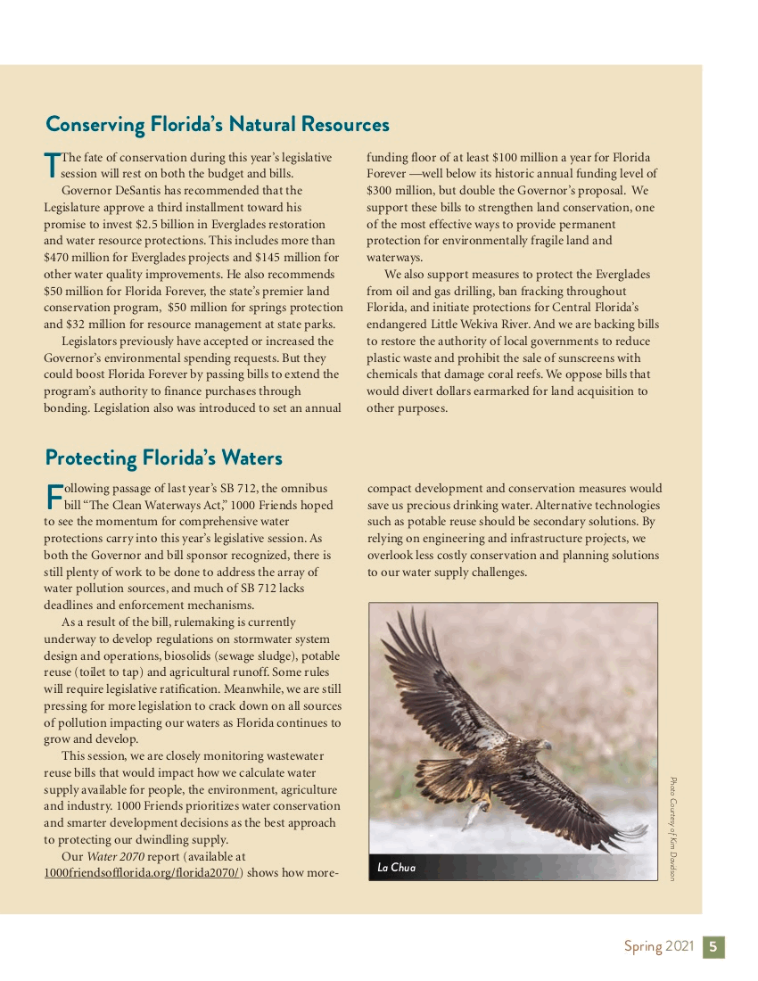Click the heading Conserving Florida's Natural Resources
(x=218, y=124)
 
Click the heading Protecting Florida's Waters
(x=163, y=458)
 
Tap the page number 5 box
(x=714, y=947)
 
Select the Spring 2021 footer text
(x=658, y=947)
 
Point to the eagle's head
(x=538, y=745)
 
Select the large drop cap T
(x=52, y=163)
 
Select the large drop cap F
(x=53, y=496)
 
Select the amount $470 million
(x=77, y=258)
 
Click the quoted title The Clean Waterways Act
(x=144, y=506)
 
